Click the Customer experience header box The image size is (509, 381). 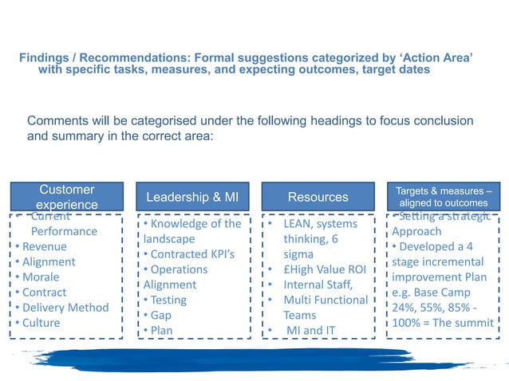(x=66, y=197)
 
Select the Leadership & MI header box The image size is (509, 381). (x=191, y=197)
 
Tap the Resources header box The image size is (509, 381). (x=318, y=197)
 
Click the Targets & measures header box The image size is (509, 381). (x=443, y=197)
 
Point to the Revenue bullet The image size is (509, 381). (x=44, y=246)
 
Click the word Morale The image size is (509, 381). (x=41, y=277)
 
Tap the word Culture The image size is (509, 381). (x=41, y=323)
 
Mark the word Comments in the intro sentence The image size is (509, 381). (x=56, y=120)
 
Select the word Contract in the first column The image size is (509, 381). (x=44, y=293)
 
